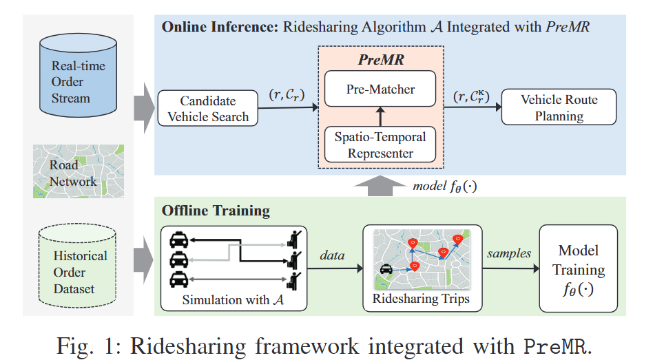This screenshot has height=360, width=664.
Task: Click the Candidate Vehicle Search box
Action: click(x=208, y=108)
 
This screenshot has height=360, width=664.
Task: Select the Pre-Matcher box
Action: click(x=380, y=88)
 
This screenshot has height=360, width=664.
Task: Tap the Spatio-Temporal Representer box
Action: click(x=380, y=145)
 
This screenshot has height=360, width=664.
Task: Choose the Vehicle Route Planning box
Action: click(x=559, y=107)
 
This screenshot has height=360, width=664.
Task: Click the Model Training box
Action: click(x=579, y=268)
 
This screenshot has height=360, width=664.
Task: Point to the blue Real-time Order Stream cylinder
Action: click(x=79, y=75)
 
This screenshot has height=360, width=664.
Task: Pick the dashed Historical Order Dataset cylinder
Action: click(x=78, y=266)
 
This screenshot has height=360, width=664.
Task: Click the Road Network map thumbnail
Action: click(x=79, y=171)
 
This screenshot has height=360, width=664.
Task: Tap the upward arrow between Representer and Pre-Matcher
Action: click(x=380, y=116)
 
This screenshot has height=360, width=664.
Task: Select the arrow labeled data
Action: click(x=335, y=268)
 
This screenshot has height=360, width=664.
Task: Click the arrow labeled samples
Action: click(x=510, y=268)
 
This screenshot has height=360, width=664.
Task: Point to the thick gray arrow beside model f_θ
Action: click(x=380, y=186)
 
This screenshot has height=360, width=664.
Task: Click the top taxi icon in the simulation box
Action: click(x=178, y=240)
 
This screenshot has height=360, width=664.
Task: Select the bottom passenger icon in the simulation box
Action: click(x=294, y=280)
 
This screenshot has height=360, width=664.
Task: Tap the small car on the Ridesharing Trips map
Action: click(x=386, y=269)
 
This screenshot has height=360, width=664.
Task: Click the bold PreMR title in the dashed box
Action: click(x=381, y=60)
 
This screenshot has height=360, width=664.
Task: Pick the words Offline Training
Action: click(x=216, y=211)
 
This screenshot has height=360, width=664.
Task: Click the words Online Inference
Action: click(x=220, y=27)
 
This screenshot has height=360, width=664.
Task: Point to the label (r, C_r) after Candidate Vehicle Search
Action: click(x=287, y=95)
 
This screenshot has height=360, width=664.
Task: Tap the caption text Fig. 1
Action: click(x=89, y=346)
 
